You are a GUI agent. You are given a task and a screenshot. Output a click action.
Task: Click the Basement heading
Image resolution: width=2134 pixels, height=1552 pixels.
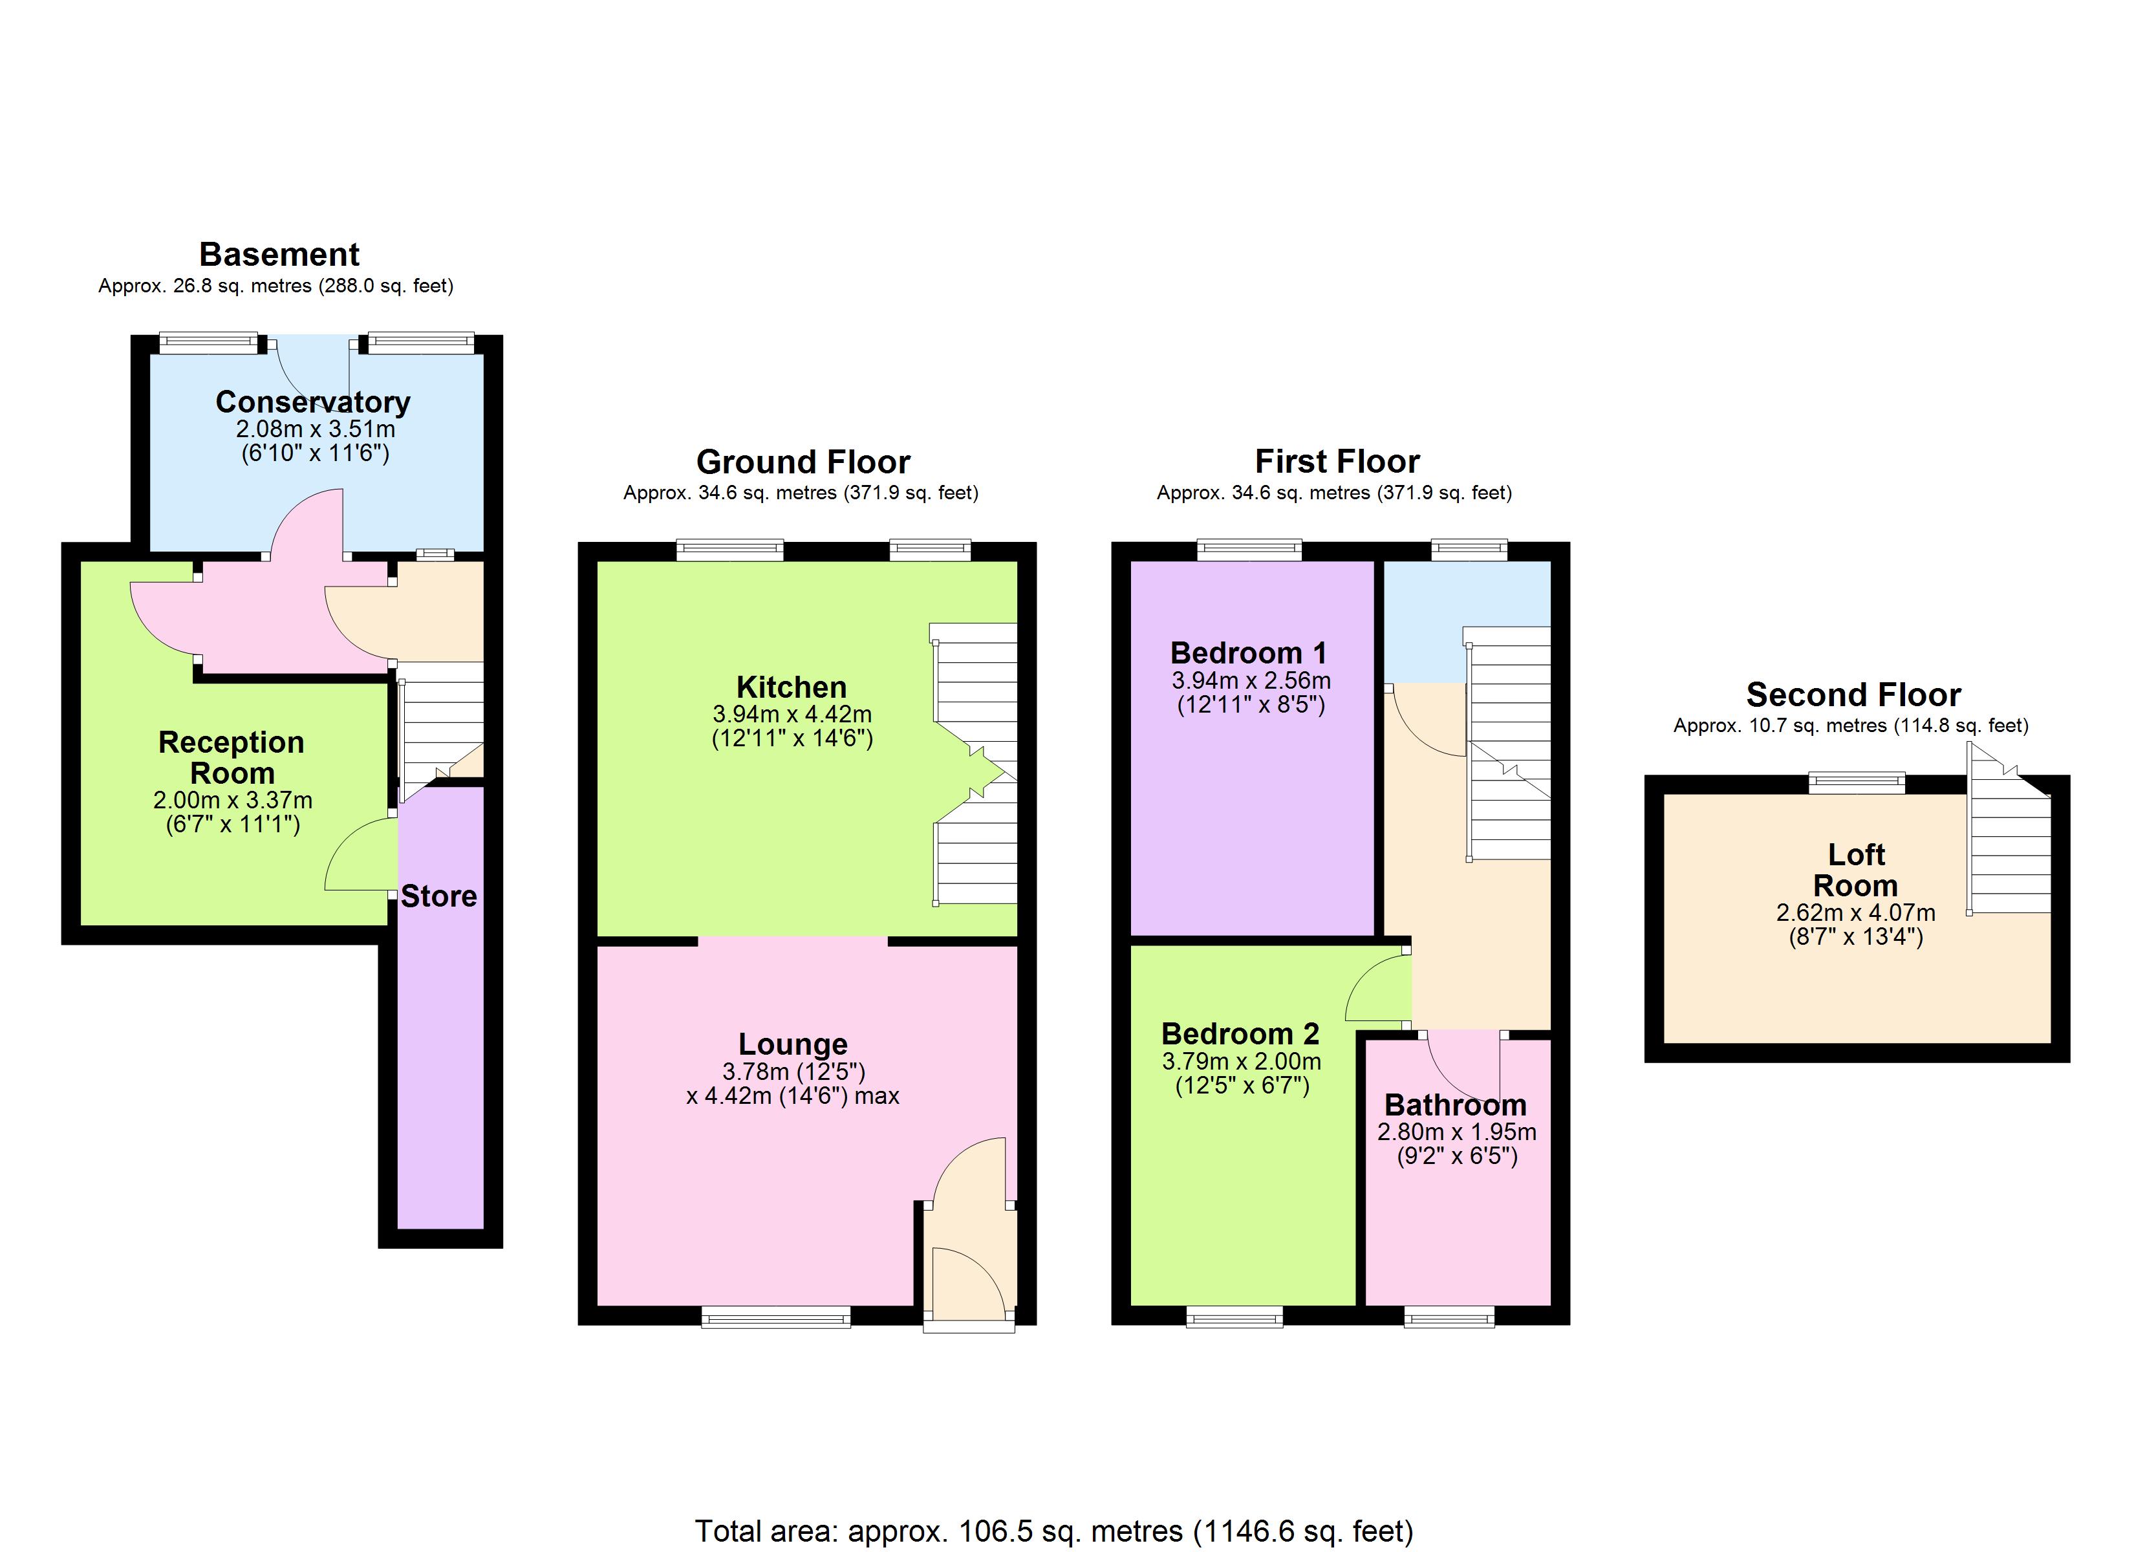click(x=279, y=255)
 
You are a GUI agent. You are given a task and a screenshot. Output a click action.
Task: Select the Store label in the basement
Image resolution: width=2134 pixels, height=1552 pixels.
click(x=438, y=896)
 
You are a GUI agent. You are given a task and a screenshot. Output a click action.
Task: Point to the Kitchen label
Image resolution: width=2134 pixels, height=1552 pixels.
click(x=792, y=687)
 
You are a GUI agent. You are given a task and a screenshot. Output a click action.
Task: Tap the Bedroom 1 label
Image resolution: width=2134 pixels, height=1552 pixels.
click(x=1249, y=653)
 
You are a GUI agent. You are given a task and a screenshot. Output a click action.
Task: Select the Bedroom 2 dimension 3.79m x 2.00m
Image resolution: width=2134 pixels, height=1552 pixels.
click(x=1241, y=1062)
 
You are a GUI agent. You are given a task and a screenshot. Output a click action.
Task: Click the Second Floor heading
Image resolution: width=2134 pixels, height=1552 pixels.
click(x=1853, y=695)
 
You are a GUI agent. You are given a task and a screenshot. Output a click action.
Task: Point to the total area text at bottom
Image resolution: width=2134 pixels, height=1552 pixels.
click(x=1054, y=1531)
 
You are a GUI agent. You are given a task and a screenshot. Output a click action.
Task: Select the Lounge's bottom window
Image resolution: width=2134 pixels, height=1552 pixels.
click(x=775, y=1317)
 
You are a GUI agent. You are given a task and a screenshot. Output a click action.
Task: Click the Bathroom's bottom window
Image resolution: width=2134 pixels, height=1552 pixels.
click(x=1449, y=1317)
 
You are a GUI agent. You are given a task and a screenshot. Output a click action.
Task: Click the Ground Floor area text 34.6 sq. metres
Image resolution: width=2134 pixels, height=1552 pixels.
click(x=801, y=493)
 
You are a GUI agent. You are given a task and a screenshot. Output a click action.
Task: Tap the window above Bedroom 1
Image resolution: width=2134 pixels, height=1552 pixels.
click(x=1249, y=550)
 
